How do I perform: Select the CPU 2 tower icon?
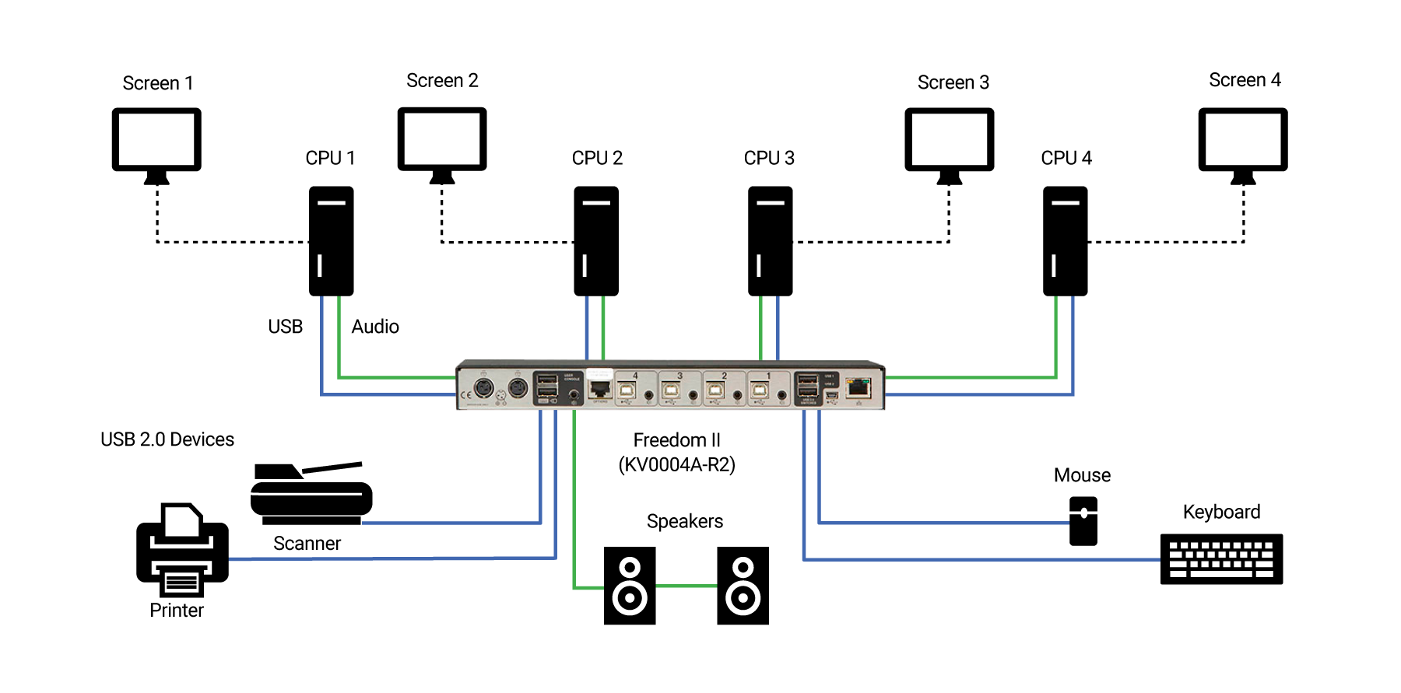click(596, 240)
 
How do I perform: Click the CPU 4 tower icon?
click(1065, 240)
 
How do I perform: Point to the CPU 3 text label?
click(768, 158)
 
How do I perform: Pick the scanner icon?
click(311, 495)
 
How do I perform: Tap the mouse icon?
click(1083, 521)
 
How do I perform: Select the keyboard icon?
click(1220, 558)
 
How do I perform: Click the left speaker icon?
click(630, 586)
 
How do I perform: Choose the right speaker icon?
click(743, 586)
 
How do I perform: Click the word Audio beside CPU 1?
click(374, 327)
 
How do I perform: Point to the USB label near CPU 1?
click(285, 327)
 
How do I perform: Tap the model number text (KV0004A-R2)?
click(676, 465)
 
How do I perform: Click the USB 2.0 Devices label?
click(167, 439)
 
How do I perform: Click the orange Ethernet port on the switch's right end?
click(858, 386)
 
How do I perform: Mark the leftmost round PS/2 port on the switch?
click(483, 387)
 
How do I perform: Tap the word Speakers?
click(684, 521)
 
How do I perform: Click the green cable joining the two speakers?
click(686, 586)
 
